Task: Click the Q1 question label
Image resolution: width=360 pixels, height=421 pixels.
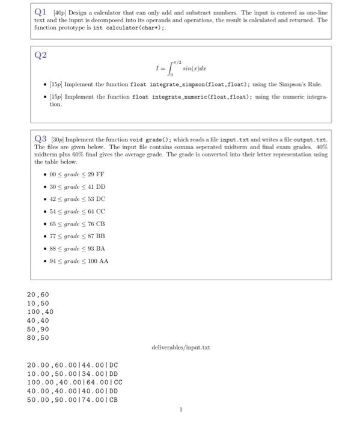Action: pos(41,12)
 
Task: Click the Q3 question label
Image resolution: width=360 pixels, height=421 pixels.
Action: pos(41,140)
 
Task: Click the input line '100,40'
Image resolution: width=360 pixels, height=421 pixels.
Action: pos(40,312)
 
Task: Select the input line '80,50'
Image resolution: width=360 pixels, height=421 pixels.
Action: pos(38,338)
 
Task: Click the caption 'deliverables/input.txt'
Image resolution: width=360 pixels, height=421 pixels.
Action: pos(181,348)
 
